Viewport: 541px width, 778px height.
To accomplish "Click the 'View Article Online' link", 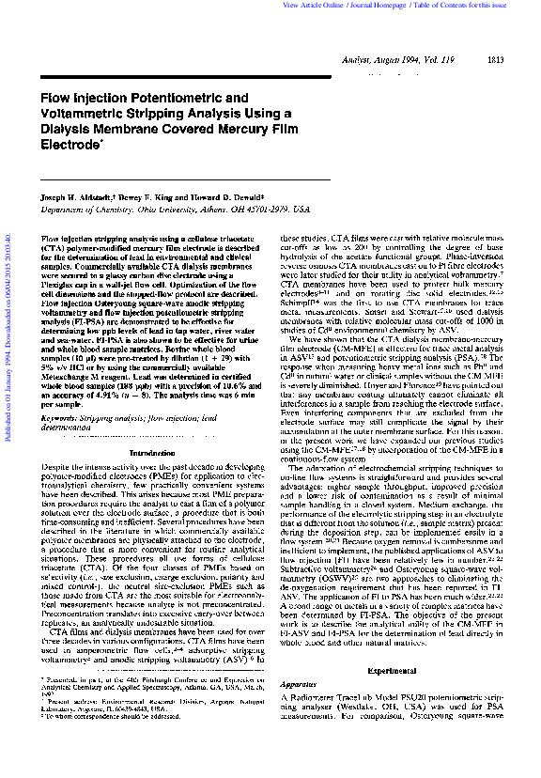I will [x=316, y=6].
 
